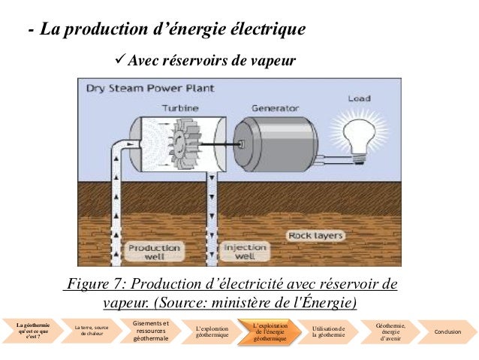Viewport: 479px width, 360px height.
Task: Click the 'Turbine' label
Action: (179, 107)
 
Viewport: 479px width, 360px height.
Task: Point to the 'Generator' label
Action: (275, 107)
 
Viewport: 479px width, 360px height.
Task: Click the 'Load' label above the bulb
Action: (360, 98)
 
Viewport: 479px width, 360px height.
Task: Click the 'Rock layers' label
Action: (316, 236)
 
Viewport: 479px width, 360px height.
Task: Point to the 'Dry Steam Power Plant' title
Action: (149, 88)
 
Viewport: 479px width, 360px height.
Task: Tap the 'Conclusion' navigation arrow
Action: (447, 331)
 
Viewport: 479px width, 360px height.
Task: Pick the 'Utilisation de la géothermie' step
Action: (328, 331)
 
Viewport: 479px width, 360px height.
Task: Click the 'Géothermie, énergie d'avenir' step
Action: (390, 331)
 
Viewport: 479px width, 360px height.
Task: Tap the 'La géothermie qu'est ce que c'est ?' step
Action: (32, 331)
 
